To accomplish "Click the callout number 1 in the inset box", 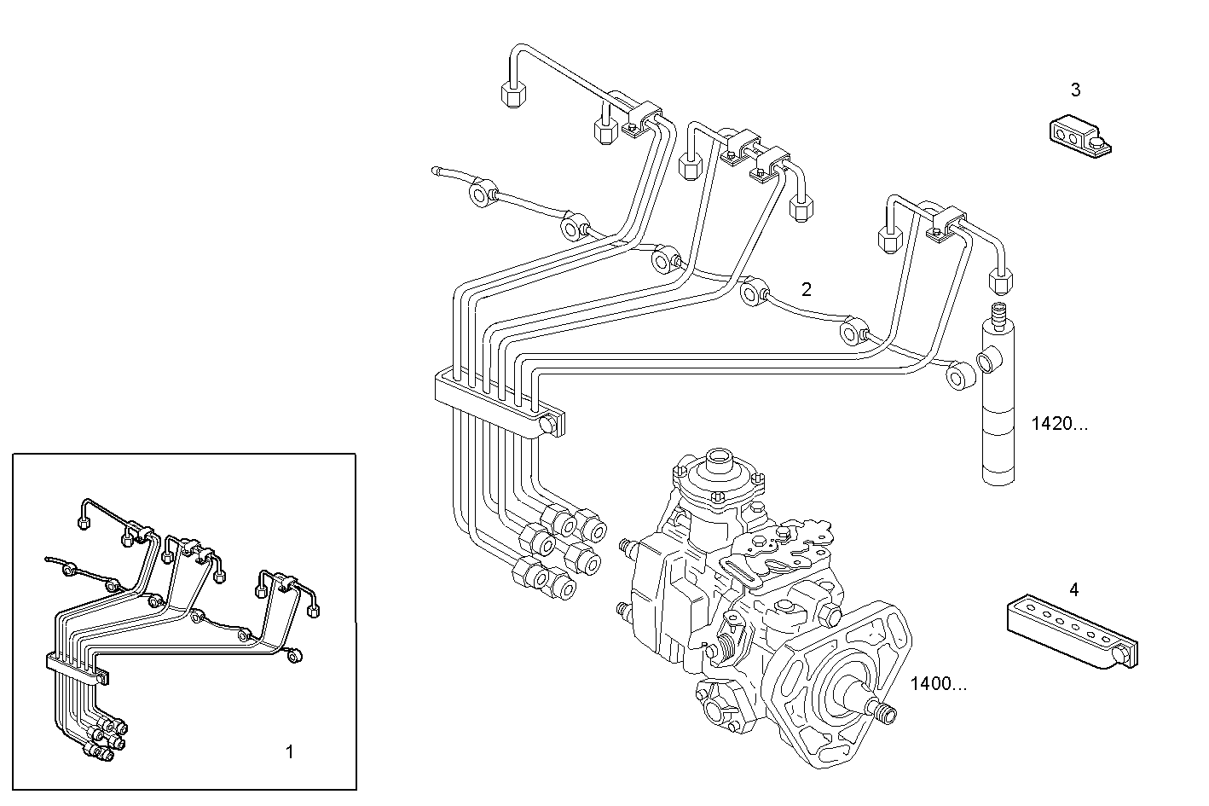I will coord(289,751).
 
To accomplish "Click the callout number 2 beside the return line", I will coord(806,288).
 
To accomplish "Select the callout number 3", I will coord(1075,89).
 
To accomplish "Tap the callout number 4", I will coord(1073,589).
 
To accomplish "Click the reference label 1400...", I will coord(938,683).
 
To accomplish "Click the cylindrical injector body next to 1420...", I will coord(998,409).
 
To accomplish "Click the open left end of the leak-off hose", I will coord(437,171).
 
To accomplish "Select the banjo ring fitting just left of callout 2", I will coord(755,292).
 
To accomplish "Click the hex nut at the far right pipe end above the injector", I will coord(1000,279).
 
